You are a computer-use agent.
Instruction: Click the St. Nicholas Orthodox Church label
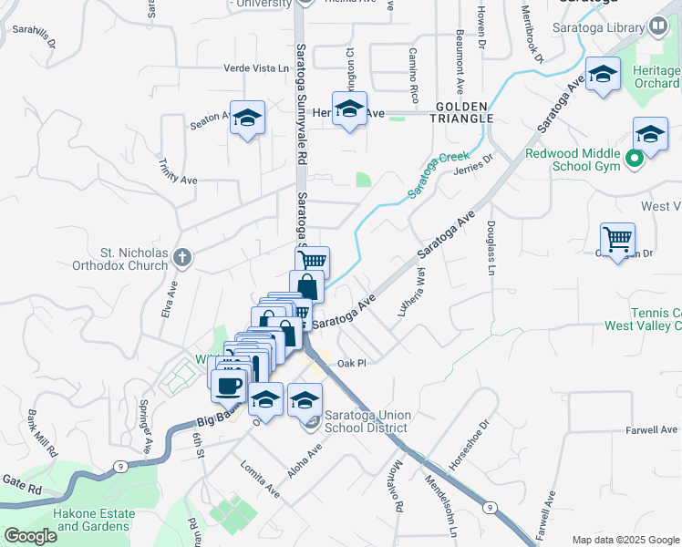[x=120, y=259]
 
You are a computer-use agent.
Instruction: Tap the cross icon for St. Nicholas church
[x=181, y=258]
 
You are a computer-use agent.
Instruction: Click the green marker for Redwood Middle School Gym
[x=636, y=163]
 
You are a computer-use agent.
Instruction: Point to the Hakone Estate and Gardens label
[x=92, y=520]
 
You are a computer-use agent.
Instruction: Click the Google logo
[x=30, y=536]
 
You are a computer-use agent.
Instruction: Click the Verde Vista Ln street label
[x=256, y=68]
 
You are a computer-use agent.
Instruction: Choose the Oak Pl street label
[x=351, y=363]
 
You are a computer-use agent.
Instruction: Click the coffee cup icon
[x=229, y=385]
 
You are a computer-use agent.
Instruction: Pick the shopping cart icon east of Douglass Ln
[x=617, y=240]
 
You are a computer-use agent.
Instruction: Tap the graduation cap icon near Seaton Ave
[x=247, y=118]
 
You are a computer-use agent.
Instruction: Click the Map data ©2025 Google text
[x=625, y=540]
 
